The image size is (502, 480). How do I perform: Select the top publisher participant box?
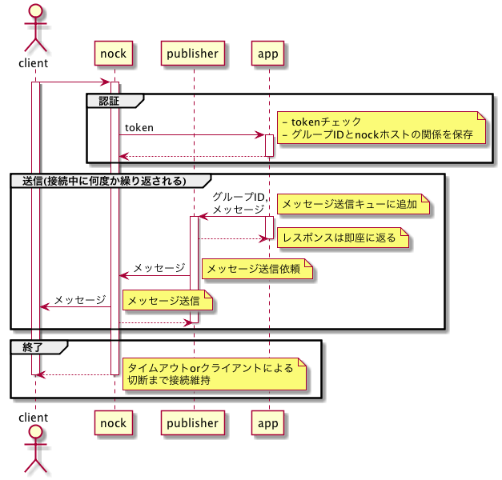coord(193,54)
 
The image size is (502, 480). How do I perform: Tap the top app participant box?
coord(268,54)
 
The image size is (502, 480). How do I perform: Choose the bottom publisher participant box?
coord(193,422)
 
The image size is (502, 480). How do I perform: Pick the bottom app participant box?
coord(268,422)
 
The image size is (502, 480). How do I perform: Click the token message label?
coord(139,128)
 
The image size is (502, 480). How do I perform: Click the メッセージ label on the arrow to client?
coord(80,300)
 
